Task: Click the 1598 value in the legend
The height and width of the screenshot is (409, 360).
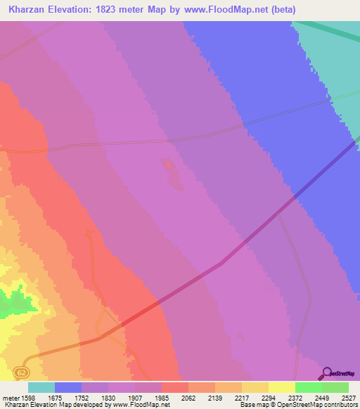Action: point(25,398)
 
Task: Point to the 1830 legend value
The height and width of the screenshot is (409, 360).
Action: point(108,398)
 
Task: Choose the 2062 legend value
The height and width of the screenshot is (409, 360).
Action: point(188,398)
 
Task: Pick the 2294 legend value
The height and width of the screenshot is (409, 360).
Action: point(267,398)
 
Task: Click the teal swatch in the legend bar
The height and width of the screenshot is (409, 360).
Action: point(41,387)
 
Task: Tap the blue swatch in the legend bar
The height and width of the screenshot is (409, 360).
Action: point(68,387)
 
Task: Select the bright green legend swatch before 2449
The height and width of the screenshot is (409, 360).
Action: point(308,387)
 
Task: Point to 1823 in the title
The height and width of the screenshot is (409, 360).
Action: point(127,9)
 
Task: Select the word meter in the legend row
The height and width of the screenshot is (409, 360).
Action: point(8,398)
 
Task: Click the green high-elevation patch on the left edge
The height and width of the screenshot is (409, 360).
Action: point(10,302)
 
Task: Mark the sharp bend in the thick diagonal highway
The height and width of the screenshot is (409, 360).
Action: point(221,264)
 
